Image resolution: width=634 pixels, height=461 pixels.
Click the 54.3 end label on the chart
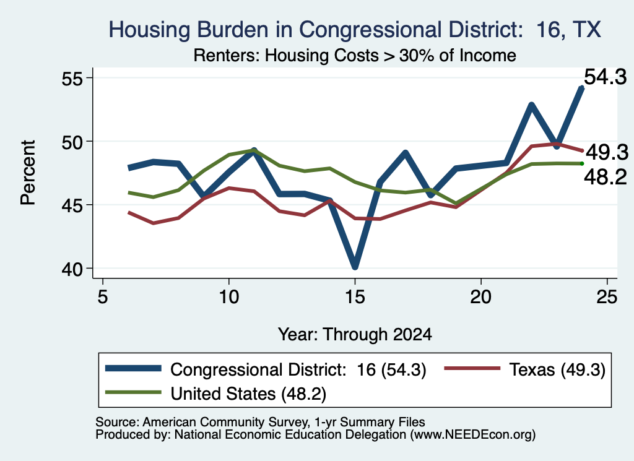coord(606,77)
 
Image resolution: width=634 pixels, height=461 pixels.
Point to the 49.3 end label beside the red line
coord(607,152)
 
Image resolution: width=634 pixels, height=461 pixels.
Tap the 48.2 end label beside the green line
coord(606,177)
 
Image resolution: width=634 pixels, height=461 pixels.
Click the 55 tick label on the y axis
coord(72,79)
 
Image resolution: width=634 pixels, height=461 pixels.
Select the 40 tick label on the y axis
coord(72,269)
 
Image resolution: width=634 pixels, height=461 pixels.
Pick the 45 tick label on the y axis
coord(72,205)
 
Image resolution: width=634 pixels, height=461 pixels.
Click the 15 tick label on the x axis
coord(355,297)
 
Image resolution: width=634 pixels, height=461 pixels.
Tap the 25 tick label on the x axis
coord(607,297)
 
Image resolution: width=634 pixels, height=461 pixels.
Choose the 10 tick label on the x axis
coord(229,297)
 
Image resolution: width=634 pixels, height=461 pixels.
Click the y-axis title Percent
coord(28,173)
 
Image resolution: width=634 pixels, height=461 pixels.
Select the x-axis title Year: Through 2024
coord(355,335)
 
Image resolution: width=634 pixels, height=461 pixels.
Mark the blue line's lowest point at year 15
coord(355,266)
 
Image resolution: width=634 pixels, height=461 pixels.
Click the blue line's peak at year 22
coord(532,105)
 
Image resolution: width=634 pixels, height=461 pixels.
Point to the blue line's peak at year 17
coord(406,153)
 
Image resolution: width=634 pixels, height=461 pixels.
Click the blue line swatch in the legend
coord(133,368)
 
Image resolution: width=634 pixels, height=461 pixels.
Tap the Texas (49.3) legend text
coord(557,369)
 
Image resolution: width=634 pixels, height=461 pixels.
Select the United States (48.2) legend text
coord(248,394)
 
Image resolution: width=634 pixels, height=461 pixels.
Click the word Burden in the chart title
coord(233,30)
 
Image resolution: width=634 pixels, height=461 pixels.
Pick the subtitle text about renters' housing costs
coord(355,55)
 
